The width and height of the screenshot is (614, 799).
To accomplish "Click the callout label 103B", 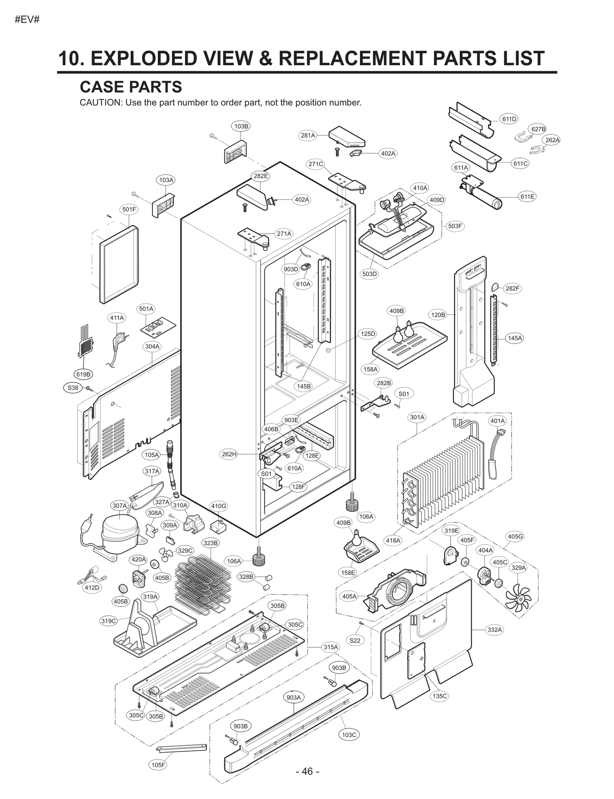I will tap(241, 126).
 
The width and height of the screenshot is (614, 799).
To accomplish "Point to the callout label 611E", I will tap(527, 197).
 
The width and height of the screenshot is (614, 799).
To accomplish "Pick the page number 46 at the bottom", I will tap(307, 771).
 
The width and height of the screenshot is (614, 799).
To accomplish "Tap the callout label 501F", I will tap(129, 209).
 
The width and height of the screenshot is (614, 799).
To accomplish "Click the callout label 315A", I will tap(331, 647).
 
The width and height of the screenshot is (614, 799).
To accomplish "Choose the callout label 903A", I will tap(294, 697).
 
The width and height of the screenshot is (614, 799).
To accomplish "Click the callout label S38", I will tap(73, 388).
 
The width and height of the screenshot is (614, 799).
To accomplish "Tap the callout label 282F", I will tap(512, 288).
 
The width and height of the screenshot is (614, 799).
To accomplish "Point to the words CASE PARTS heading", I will tap(131, 87).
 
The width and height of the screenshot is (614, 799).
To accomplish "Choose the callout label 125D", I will tap(368, 334).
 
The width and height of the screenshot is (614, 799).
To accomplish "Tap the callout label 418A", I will tap(393, 540).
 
